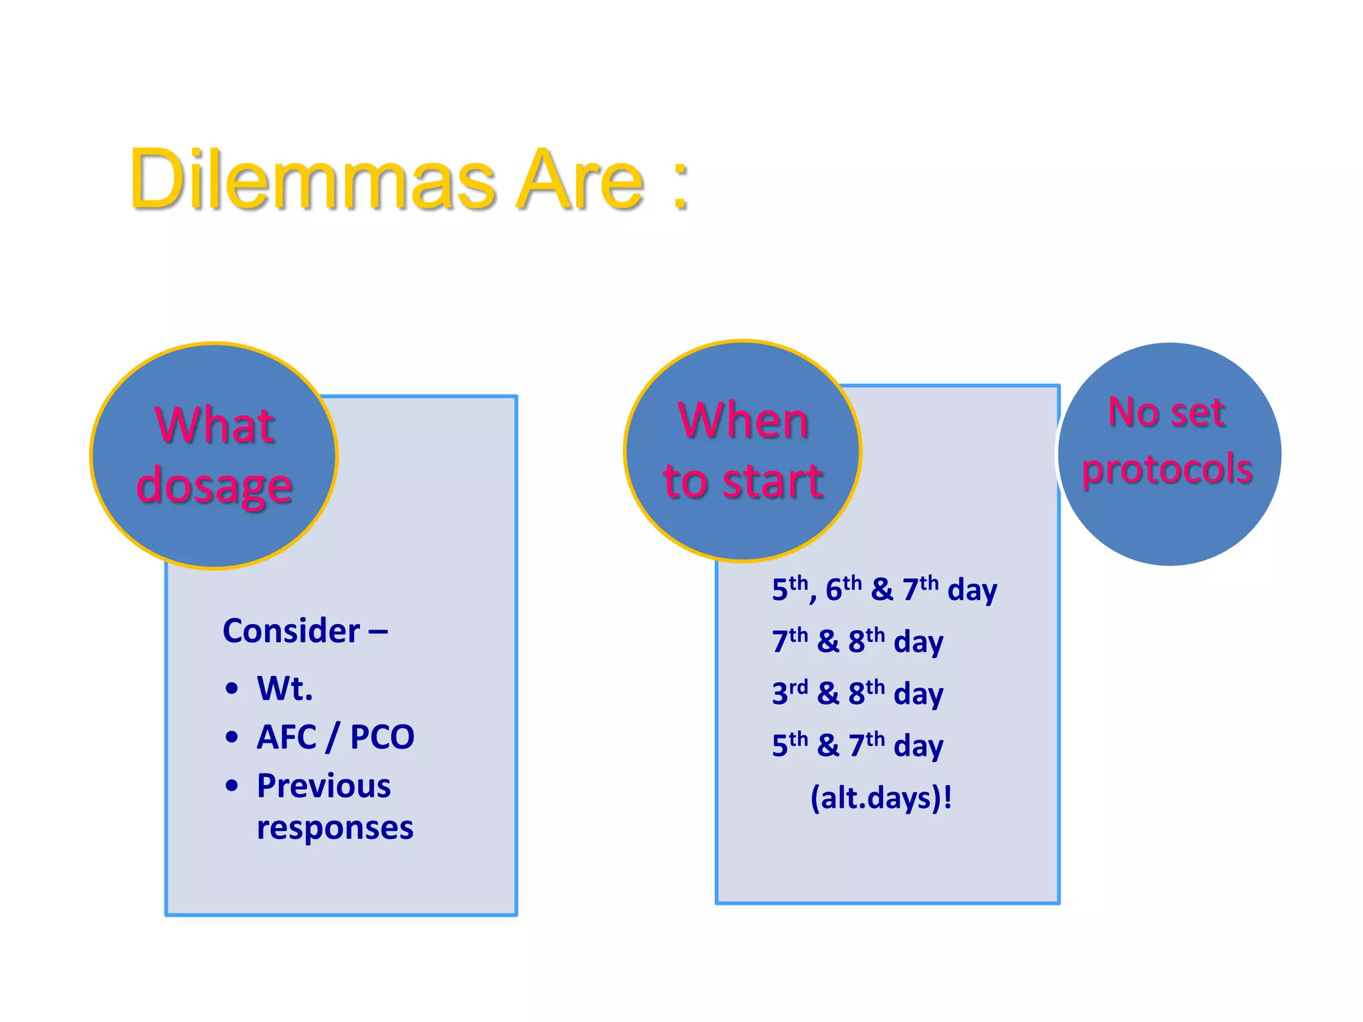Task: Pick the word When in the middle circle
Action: pos(743,421)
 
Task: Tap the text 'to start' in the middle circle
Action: pos(743,480)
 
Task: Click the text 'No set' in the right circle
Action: pos(1167,412)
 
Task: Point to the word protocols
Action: pos(1167,468)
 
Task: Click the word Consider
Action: pos(292,631)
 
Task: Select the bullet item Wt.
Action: pos(285,688)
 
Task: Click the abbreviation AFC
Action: pos(287,737)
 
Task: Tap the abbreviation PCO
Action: pos(382,737)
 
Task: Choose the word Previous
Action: pos(324,786)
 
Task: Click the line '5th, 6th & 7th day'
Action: pos(884,589)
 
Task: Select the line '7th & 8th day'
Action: pos(857,641)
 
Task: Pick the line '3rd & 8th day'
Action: pos(857,693)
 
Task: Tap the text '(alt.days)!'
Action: pos(881,797)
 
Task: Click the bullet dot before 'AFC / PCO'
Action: pos(232,737)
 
